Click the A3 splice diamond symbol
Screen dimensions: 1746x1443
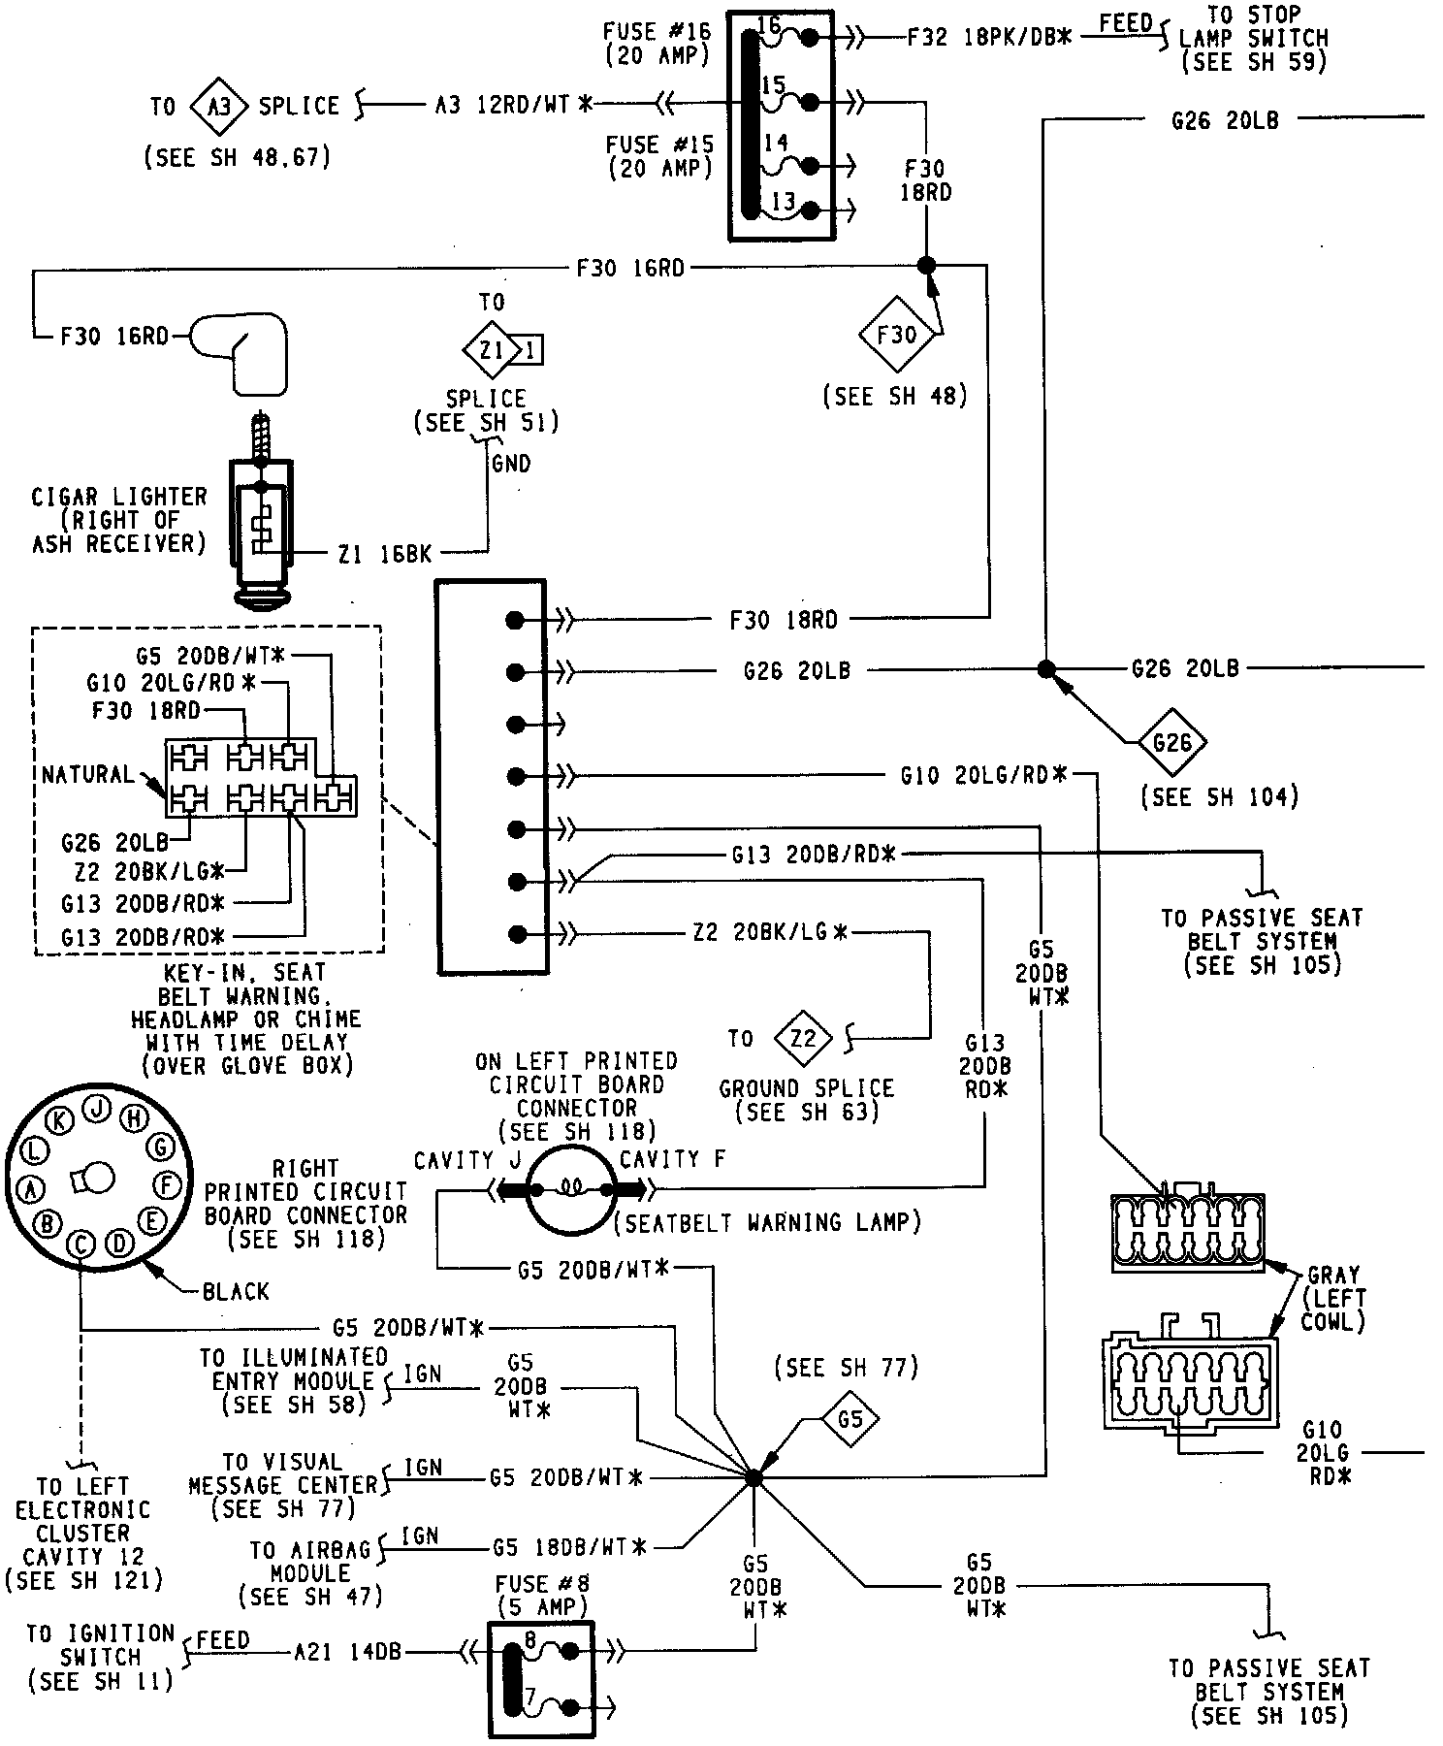coord(220,105)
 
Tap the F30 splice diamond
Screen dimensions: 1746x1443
coord(898,335)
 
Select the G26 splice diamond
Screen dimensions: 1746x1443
coord(1172,743)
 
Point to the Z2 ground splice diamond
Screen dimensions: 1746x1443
coord(804,1039)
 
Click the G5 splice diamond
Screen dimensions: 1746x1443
coord(850,1420)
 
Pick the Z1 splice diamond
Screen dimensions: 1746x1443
coord(492,349)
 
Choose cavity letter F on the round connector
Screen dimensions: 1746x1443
coord(166,1184)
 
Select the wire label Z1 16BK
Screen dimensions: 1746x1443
coord(384,555)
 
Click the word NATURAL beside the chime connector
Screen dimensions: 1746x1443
coord(88,775)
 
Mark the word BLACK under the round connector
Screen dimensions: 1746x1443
coord(236,1291)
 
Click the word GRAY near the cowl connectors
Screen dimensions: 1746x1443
coord(1333,1275)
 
